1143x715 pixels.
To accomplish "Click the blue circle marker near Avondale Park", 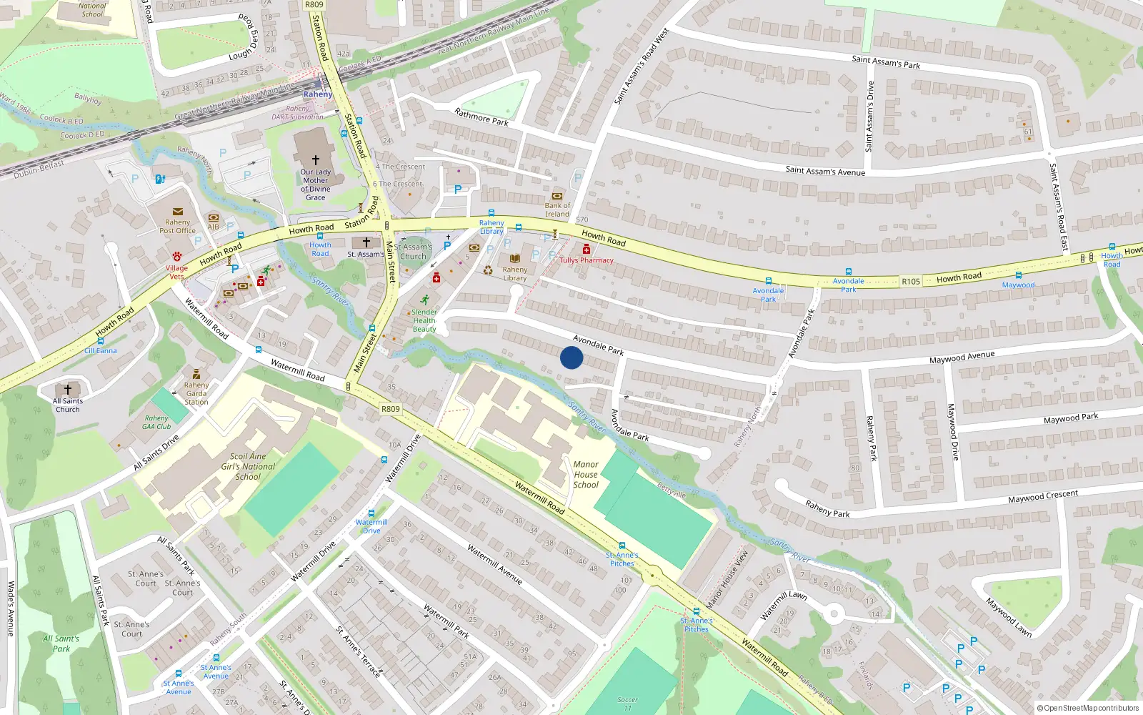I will click(571, 357).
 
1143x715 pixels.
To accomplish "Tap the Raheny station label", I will click(317, 94).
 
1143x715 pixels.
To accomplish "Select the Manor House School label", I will click(586, 475).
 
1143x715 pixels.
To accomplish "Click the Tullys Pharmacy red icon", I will click(587, 249).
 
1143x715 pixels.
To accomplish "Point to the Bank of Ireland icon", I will click(557, 196).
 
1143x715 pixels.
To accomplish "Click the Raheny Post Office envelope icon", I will click(177, 212).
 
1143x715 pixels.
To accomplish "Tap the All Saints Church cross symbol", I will click(68, 390).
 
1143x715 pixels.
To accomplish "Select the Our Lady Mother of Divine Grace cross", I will click(315, 160).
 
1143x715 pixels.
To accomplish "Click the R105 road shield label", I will click(911, 282).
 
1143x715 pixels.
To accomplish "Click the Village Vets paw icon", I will click(176, 256).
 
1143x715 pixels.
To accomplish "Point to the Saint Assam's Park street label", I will click(886, 62).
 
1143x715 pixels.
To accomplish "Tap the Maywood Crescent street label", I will click(1043, 496).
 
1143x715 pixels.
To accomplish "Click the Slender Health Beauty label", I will click(424, 320).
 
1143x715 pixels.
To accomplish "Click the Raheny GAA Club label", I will click(156, 422).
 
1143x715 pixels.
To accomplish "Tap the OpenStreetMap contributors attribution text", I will click(1087, 708).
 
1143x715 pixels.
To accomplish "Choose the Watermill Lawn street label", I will click(784, 605).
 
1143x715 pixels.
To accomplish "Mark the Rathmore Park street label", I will click(481, 117).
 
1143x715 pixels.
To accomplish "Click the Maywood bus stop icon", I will click(1018, 275).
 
